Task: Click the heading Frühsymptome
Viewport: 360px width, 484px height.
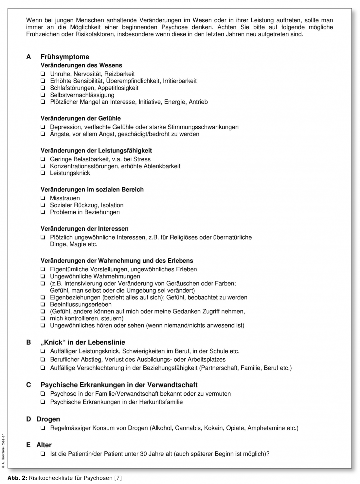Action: coord(65,57)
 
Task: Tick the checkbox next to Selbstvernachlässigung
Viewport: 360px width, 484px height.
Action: coord(43,95)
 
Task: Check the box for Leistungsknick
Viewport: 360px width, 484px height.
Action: coord(43,173)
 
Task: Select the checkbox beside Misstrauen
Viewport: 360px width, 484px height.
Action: coord(43,198)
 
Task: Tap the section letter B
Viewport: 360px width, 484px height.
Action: coord(28,342)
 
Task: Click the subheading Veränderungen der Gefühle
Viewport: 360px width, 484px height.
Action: coord(81,118)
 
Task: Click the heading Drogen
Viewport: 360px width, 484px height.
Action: coord(48,419)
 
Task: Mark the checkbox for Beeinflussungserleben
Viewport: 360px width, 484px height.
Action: coord(43,304)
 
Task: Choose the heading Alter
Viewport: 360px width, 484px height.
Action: coord(44,445)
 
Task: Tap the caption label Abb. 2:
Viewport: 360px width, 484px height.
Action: coord(17,478)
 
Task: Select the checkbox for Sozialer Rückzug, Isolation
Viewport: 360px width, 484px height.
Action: coord(43,205)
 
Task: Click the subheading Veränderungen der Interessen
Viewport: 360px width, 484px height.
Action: coord(84,229)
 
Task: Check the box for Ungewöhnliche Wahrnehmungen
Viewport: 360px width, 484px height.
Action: coord(43,277)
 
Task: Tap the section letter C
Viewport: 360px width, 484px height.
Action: coord(28,385)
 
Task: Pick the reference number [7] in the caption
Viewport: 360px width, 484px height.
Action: coord(117,478)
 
